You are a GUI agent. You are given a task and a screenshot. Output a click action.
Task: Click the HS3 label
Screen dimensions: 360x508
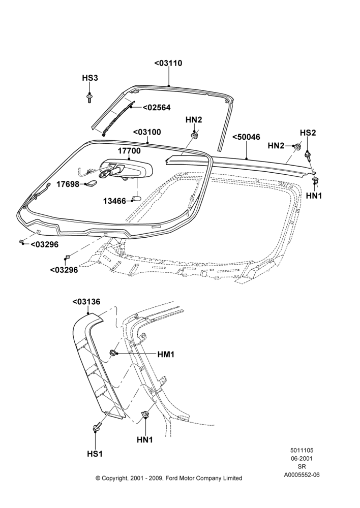[90, 78]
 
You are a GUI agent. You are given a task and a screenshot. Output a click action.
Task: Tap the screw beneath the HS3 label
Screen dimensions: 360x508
[89, 98]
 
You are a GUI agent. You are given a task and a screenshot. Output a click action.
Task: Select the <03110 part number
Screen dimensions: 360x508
[168, 63]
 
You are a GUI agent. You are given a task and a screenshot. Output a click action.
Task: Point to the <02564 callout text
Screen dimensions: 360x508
[157, 108]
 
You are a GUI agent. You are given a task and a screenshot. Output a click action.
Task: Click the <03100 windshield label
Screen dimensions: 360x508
[147, 132]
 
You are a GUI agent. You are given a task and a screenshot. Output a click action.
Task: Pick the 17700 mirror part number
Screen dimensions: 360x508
[129, 151]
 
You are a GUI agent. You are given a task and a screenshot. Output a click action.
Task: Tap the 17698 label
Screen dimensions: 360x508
[68, 184]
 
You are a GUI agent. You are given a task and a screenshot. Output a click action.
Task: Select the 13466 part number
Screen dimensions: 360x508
[114, 201]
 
